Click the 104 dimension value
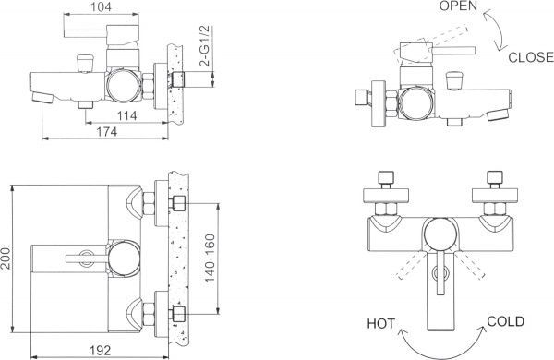coord(101,7)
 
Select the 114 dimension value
coord(126,115)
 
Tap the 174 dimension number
coord(106,132)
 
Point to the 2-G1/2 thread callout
coord(205,46)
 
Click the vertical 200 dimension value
coord(6,258)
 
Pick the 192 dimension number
coord(100,351)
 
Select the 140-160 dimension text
coord(210,258)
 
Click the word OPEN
coord(458,6)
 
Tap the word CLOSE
coord(531,57)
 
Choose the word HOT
coord(380,324)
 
